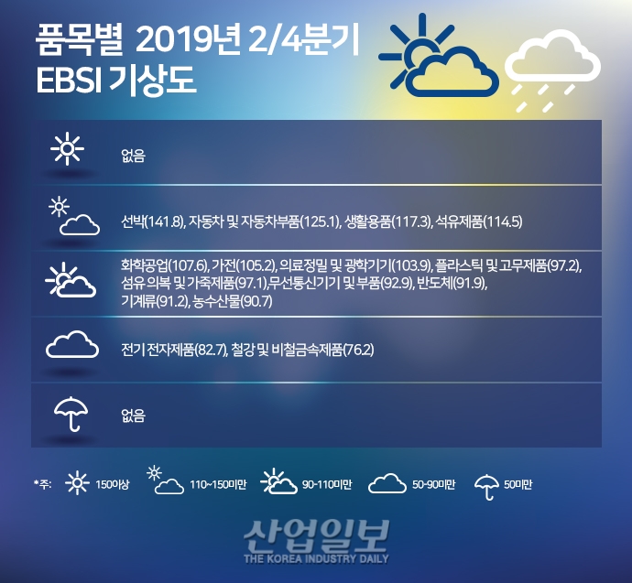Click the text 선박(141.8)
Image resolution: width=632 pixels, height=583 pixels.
click(x=153, y=221)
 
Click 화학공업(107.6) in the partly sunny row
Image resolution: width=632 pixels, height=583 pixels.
click(x=152, y=265)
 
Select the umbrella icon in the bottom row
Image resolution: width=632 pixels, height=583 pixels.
click(x=69, y=414)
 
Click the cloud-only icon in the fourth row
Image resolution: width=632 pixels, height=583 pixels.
click(x=71, y=346)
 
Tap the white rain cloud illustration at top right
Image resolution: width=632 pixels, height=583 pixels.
click(x=552, y=70)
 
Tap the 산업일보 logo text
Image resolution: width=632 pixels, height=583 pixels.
click(x=316, y=536)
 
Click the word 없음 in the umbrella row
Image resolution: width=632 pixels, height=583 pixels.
click(x=133, y=416)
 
